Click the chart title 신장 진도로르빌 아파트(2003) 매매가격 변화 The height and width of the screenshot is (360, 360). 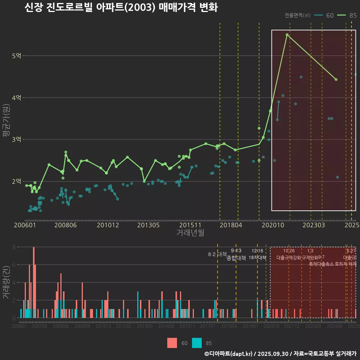pos(121,8)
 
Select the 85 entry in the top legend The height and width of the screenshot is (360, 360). pos(353,15)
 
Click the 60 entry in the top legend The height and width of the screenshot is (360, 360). pos(330,15)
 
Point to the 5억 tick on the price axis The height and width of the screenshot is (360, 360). pos(17,56)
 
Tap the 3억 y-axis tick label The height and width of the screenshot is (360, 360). pos(17,139)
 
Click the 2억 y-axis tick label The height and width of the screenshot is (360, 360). pos(17,181)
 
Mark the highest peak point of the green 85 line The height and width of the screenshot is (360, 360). pos(287,34)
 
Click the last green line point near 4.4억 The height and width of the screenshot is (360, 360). pos(336,79)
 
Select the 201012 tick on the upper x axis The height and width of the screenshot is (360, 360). pos(108,225)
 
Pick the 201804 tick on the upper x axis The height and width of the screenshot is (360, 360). pos(231,225)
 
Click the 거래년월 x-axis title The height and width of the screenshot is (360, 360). pos(190,233)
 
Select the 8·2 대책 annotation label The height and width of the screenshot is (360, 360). pos(217,254)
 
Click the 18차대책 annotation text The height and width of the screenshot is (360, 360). pos(257,258)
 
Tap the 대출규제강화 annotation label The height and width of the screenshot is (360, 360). pos(288,258)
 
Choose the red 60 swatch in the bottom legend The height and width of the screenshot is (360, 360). pos(172,343)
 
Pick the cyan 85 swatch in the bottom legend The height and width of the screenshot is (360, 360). pos(196,343)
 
